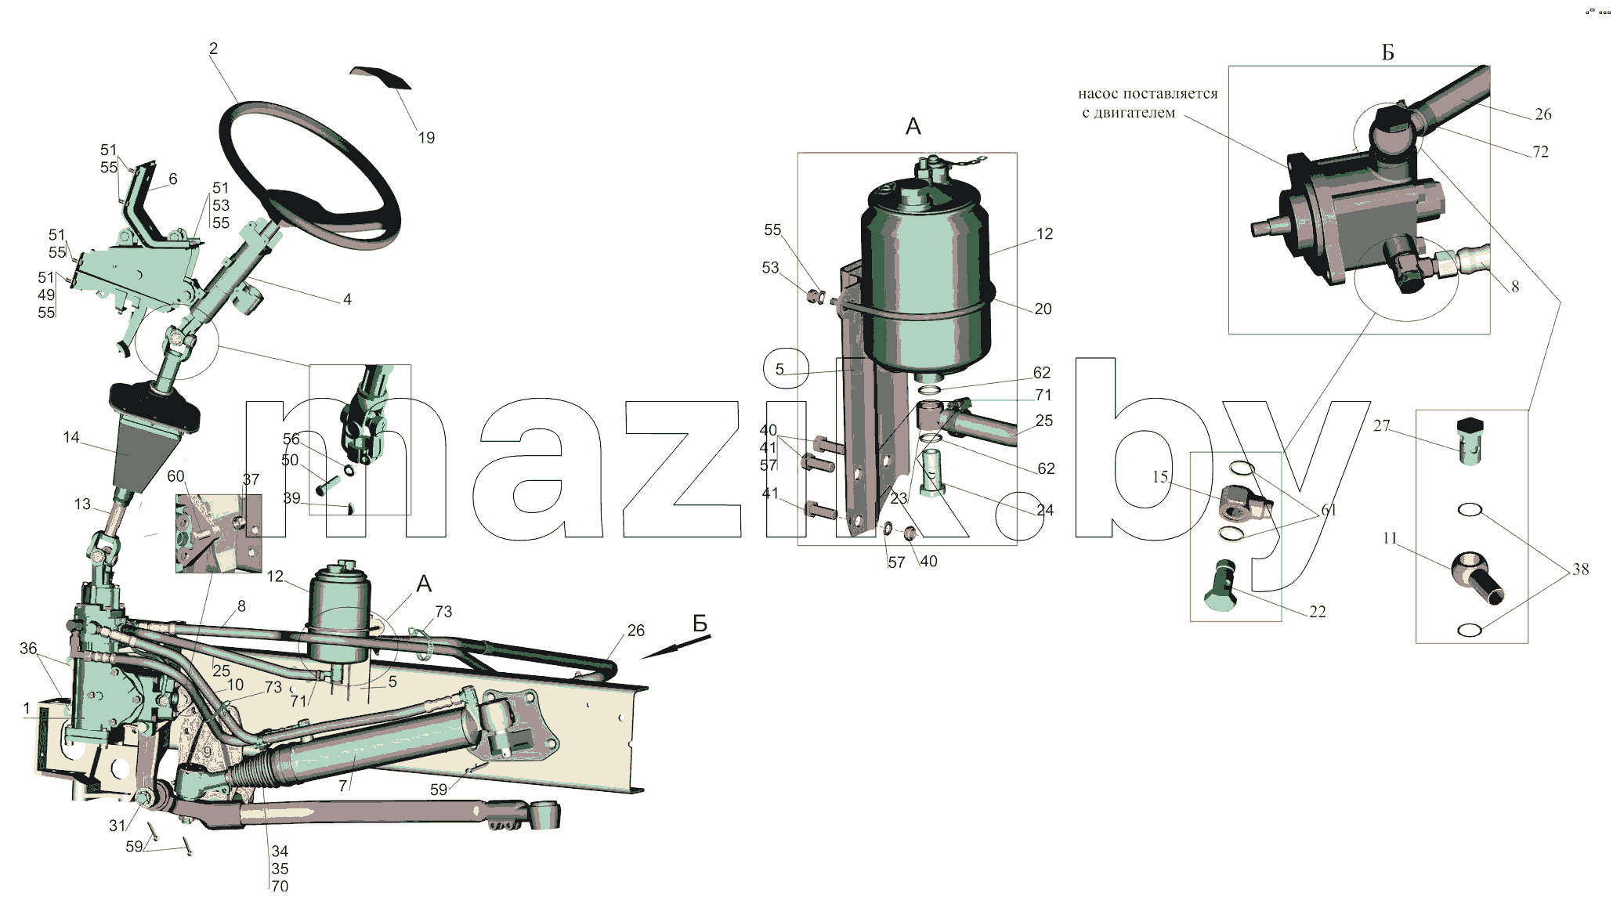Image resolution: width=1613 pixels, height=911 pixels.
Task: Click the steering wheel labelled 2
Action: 235,141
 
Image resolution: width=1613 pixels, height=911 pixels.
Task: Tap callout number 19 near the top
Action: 426,138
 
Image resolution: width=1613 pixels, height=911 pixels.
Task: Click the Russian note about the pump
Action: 1148,103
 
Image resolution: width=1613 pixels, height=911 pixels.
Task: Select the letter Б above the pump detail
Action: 1387,52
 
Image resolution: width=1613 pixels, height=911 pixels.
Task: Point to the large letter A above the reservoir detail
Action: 913,126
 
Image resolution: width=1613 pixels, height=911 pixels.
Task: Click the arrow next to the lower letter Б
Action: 675,647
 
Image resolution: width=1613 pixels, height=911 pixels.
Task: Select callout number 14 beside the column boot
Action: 71,437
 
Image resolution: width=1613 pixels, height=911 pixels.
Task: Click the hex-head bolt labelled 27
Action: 1470,441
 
